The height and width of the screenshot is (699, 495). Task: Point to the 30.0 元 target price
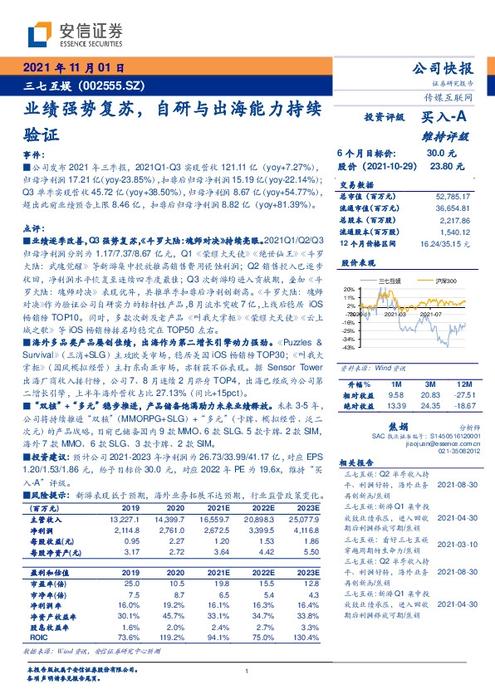click(x=437, y=154)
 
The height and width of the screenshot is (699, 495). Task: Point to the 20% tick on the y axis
click(x=347, y=290)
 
